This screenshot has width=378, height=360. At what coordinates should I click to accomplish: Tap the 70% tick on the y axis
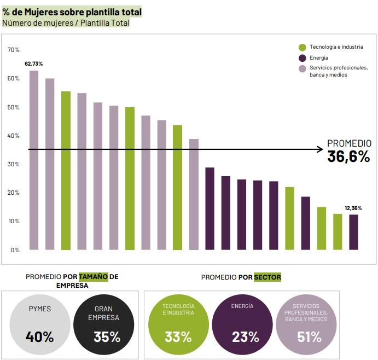(13, 50)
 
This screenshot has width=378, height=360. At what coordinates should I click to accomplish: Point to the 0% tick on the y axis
(15, 250)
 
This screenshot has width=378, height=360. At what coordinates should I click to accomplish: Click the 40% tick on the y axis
(13, 136)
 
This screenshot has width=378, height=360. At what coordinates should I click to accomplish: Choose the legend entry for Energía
(319, 58)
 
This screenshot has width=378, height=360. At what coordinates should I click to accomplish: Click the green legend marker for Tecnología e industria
(302, 47)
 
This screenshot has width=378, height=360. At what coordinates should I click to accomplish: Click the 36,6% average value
(349, 156)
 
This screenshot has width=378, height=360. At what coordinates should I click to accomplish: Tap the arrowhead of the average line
(321, 149)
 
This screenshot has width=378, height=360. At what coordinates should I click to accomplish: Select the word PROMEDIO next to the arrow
(349, 143)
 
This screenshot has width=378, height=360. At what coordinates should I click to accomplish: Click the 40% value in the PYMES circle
(39, 336)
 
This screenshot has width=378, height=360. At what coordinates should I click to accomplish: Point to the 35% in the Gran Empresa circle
(107, 336)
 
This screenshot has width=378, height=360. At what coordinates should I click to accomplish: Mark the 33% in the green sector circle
(178, 336)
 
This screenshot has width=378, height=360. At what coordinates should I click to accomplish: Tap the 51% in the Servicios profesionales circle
(309, 336)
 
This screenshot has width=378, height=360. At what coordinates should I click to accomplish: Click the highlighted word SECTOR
(267, 277)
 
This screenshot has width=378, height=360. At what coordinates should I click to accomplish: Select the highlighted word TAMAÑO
(94, 277)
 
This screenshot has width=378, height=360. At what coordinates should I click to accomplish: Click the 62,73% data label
(33, 64)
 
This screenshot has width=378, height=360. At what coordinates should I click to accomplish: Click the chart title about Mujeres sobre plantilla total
(72, 12)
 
